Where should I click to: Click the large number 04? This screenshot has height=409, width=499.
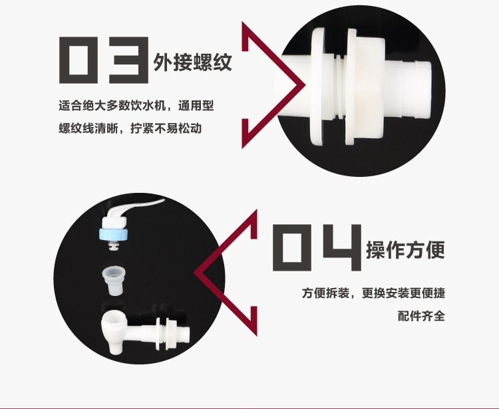point(317,247)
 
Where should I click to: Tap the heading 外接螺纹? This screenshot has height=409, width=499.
point(192,63)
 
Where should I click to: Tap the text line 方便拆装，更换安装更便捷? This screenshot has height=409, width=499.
point(373,293)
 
